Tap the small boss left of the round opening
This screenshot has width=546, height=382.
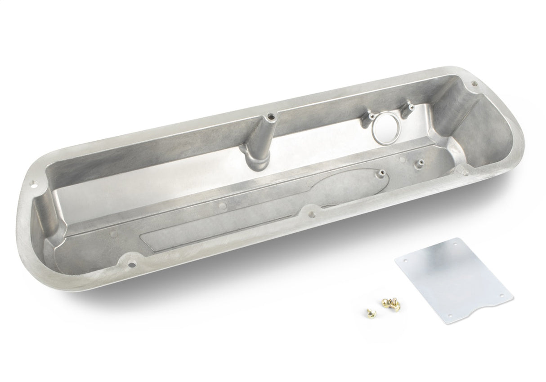(x=372, y=115)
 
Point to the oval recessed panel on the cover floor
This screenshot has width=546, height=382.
(x=288, y=198)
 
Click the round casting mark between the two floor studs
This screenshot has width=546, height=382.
(x=402, y=158)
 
